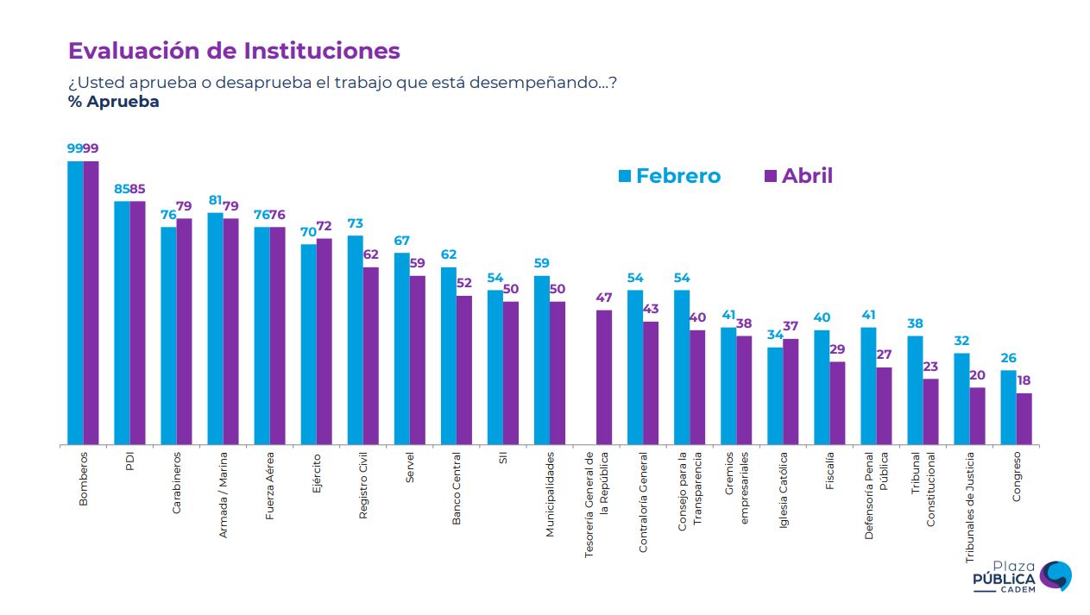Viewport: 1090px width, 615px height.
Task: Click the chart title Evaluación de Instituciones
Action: click(x=234, y=51)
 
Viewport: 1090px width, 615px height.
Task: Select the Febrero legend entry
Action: click(x=669, y=176)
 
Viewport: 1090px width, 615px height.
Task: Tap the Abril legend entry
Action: click(x=798, y=176)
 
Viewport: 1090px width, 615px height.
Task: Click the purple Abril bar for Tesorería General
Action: click(x=604, y=377)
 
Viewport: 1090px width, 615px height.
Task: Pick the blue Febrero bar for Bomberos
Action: click(x=76, y=302)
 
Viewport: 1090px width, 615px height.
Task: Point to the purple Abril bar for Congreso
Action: click(x=1024, y=419)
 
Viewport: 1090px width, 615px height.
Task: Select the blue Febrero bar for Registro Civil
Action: click(x=356, y=340)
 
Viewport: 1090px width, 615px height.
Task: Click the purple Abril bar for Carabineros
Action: click(x=184, y=331)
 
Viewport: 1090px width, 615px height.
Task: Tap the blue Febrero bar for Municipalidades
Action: click(x=542, y=360)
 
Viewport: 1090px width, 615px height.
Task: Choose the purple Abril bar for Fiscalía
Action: click(x=837, y=403)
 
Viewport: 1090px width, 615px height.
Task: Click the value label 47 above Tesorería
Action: click(x=604, y=298)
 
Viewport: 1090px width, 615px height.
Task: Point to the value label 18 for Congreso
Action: click(x=1024, y=380)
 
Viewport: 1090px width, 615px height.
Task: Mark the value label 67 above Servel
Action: click(x=401, y=241)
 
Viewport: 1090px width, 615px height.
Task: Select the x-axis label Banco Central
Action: click(x=457, y=487)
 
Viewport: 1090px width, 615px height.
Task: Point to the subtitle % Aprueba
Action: click(x=114, y=102)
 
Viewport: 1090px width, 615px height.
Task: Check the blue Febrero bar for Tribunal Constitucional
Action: click(x=915, y=390)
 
